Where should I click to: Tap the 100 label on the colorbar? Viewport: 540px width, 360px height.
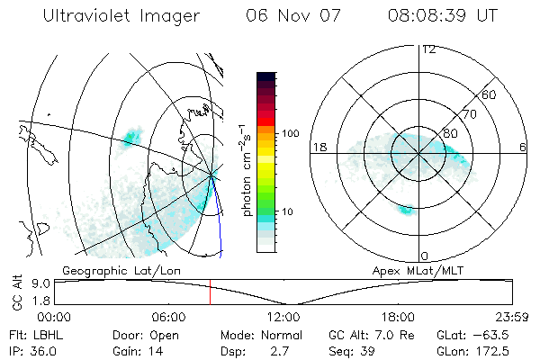coord(289,133)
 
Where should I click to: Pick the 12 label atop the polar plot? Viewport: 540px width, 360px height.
coord(428,49)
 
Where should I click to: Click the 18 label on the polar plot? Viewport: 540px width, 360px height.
coord(319,147)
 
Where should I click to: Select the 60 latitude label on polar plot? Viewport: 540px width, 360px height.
coord(490,94)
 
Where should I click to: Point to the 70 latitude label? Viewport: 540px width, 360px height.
coord(469,114)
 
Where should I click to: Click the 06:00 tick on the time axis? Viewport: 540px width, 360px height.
coord(168,317)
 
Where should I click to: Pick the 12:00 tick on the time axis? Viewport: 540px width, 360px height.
coord(283,317)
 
